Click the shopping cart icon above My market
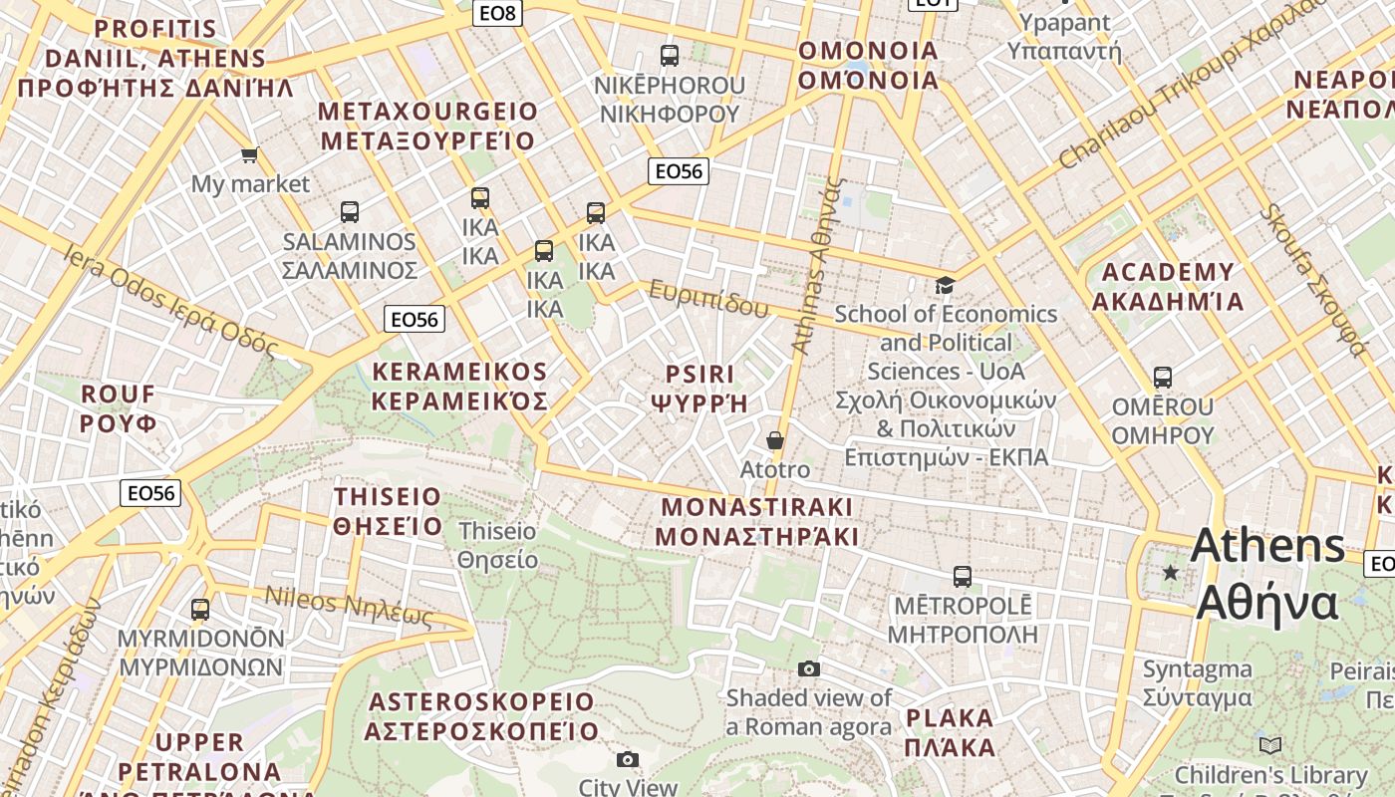(249, 154)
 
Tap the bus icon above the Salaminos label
(349, 211)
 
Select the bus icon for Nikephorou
(670, 56)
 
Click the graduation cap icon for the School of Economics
(945, 286)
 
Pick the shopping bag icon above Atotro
(775, 439)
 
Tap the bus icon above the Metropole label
(963, 576)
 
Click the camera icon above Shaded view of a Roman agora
(809, 668)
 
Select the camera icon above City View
(627, 760)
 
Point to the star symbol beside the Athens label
(1171, 572)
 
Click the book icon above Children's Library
(1270, 745)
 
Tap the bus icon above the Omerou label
(1163, 378)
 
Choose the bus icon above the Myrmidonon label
(200, 609)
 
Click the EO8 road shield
(498, 12)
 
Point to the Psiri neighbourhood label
(699, 389)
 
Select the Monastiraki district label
(757, 521)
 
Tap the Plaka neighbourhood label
(950, 732)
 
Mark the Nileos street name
(349, 607)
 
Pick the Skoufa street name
(1312, 280)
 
